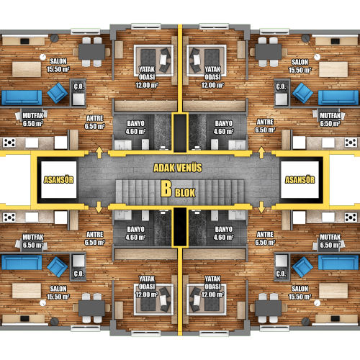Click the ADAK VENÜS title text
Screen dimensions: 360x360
coord(178,168)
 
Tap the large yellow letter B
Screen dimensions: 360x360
coord(166,189)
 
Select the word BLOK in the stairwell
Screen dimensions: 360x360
coord(185,193)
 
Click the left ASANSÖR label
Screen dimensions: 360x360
coord(58,180)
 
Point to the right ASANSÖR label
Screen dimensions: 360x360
coord(300,180)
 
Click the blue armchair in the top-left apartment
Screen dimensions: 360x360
coord(57,93)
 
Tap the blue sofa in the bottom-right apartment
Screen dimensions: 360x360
coord(338,263)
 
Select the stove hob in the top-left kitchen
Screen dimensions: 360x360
coord(9,143)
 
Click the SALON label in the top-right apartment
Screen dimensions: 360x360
coord(300,62)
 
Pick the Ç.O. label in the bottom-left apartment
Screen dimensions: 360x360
coord(78,274)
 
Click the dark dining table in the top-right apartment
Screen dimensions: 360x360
coord(269,52)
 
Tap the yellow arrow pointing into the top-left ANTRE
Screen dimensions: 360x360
coord(99,153)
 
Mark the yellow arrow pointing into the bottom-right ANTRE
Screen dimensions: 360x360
coord(261,207)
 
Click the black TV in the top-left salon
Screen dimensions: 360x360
coord(24,41)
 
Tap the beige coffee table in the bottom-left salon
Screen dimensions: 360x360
coord(27,291)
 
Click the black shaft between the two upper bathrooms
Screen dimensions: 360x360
coord(180,132)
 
